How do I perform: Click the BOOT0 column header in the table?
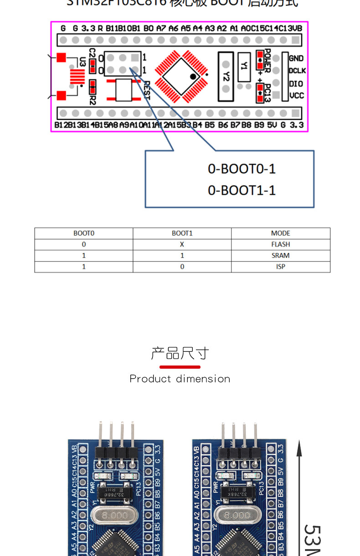click(x=84, y=233)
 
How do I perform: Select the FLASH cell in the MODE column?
click(x=280, y=244)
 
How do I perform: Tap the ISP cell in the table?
click(x=280, y=267)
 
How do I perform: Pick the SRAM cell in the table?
click(x=280, y=256)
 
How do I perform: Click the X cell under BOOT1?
click(x=182, y=244)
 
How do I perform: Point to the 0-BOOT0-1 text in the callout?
click(x=242, y=169)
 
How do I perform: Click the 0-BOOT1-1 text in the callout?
click(x=242, y=190)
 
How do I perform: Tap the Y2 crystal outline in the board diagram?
click(x=226, y=77)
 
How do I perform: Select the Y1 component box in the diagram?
click(x=244, y=67)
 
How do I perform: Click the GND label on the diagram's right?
click(x=296, y=58)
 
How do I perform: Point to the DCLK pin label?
click(x=297, y=71)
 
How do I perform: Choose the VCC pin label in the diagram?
click(x=297, y=96)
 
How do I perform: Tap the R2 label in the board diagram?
click(x=93, y=99)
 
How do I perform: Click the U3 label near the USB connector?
click(x=82, y=61)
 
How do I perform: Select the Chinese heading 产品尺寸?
click(x=180, y=353)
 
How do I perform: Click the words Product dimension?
click(x=180, y=379)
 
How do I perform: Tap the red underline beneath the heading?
click(x=180, y=367)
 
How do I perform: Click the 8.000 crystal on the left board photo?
click(x=114, y=515)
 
